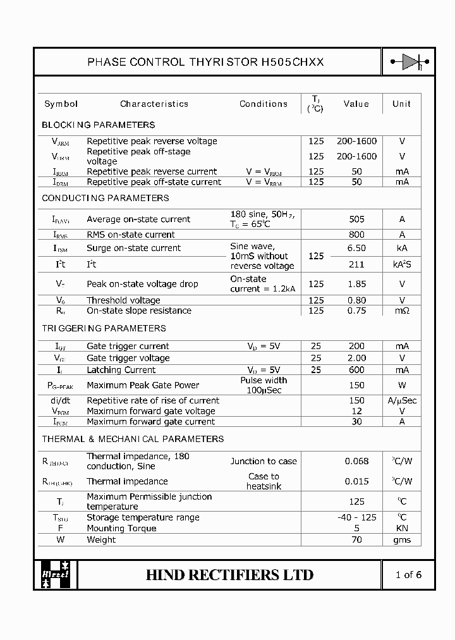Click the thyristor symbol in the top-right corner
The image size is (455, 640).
(x=409, y=62)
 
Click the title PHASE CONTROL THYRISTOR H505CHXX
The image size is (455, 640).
(x=205, y=62)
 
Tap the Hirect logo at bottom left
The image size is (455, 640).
(x=56, y=574)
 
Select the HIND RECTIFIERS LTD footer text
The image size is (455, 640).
(x=229, y=575)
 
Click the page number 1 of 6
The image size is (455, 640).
(x=408, y=575)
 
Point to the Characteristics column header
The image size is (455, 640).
(x=154, y=104)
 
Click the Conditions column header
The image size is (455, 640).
(x=264, y=104)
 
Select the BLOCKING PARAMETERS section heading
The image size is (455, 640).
(x=98, y=125)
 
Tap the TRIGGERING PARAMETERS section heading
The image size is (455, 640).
(x=104, y=328)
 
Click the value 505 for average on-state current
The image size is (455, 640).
(x=357, y=219)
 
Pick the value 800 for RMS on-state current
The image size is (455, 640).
(x=357, y=235)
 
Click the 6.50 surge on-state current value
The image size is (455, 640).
(x=357, y=249)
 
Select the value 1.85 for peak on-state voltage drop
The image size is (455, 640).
(x=357, y=284)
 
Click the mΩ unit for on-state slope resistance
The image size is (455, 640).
(x=402, y=311)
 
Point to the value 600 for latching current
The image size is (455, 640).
(x=357, y=370)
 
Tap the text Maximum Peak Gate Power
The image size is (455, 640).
(x=143, y=385)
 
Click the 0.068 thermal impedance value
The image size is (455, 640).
(x=357, y=462)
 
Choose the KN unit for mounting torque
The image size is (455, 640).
(x=402, y=529)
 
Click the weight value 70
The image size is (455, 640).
(x=357, y=540)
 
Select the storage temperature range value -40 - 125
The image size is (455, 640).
(x=357, y=517)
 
